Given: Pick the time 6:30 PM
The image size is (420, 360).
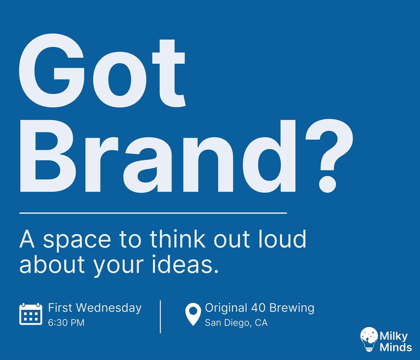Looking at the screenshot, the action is coord(66,323).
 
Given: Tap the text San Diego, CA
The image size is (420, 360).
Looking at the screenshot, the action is coord(236,323).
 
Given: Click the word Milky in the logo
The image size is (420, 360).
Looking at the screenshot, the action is coord(394,337).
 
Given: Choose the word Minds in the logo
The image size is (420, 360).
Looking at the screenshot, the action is coord(396,347).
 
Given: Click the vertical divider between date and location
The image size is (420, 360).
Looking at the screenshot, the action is coord(160,317).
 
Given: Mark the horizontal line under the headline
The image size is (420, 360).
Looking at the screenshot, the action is coord(153,213).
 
